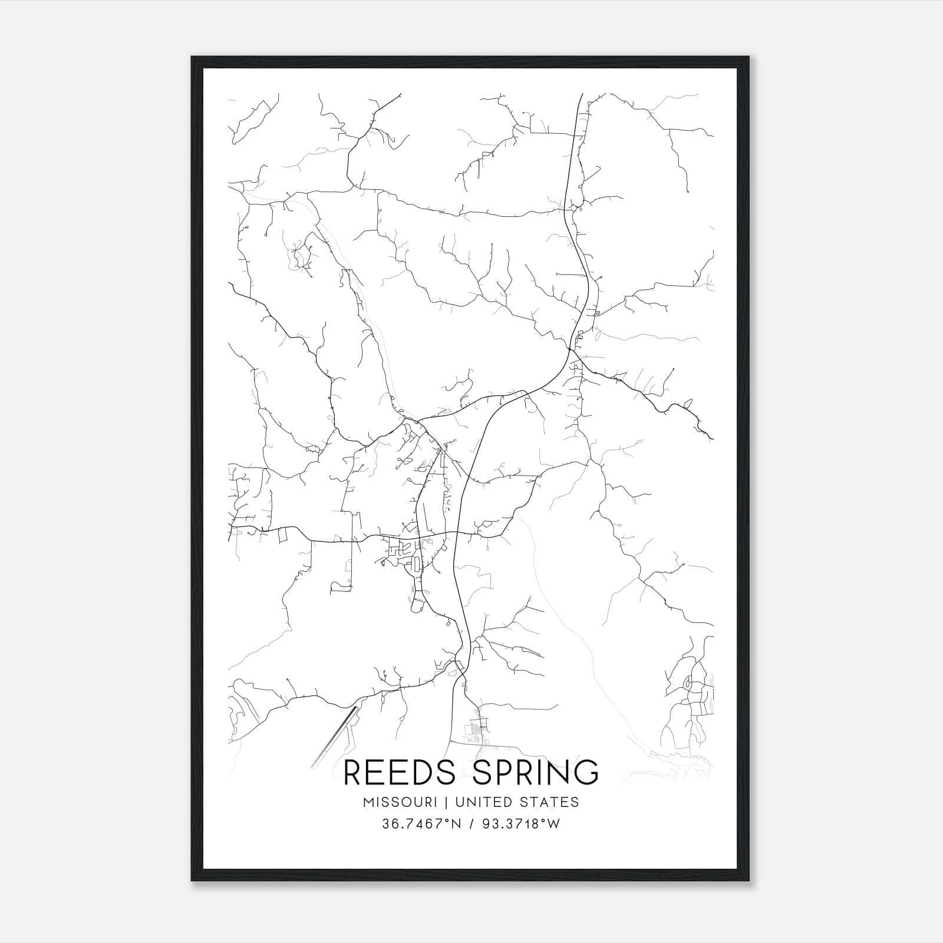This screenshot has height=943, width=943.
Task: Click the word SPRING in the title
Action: tap(536, 773)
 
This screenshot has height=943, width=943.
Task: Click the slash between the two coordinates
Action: tap(468, 825)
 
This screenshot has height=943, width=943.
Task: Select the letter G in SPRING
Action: tap(585, 773)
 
